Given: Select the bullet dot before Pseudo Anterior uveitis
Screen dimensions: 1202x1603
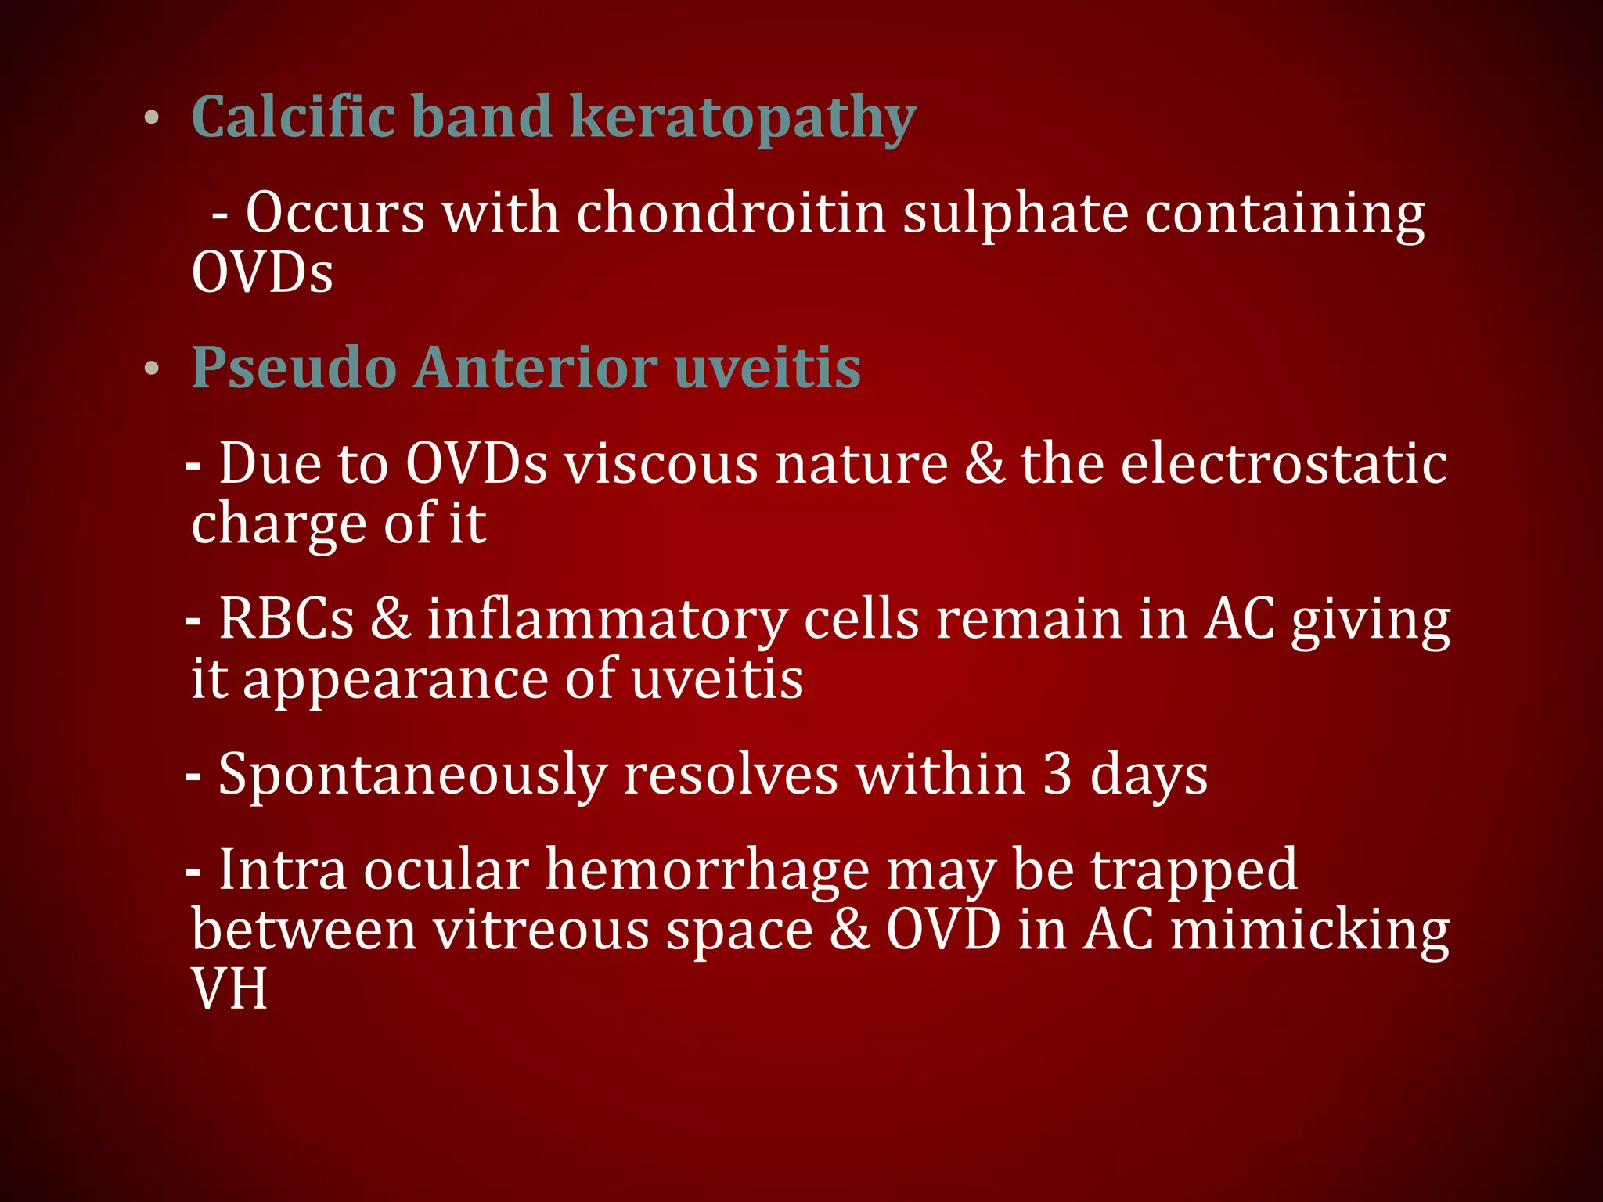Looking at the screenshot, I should tap(152, 369).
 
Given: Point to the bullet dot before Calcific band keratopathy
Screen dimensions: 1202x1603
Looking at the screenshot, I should tap(152, 119).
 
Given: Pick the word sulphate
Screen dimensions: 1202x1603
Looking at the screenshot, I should tap(1015, 214).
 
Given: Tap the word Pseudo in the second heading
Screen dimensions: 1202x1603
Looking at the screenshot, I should tap(294, 368).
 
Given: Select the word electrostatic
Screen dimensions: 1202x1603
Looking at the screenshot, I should tap(1284, 464).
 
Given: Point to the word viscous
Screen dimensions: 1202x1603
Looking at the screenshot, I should tap(661, 464).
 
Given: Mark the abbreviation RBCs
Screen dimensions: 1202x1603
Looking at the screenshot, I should tap(286, 619).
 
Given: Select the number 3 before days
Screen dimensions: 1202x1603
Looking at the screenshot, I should tap(1057, 774).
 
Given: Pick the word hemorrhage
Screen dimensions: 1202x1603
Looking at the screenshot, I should tap(707, 870).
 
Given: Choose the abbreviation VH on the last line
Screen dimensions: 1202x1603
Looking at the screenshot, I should tap(229, 990).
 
